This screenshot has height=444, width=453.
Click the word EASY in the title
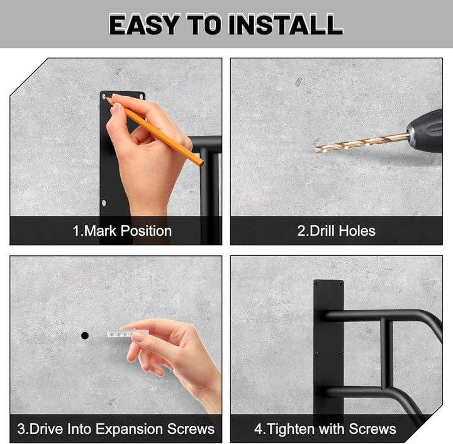coord(145,25)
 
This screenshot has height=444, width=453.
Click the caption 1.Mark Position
coord(122,231)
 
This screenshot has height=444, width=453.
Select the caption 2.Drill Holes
coord(336,231)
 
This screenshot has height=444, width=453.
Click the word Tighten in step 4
coord(288,429)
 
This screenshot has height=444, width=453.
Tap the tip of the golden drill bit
coord(315,150)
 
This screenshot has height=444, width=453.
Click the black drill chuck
coord(425,131)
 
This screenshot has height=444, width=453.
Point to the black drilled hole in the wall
coord(85,335)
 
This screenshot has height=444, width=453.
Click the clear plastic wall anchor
coord(128,333)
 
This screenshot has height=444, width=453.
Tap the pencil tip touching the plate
coord(107,99)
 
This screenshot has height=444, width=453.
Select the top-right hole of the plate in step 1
coord(142,96)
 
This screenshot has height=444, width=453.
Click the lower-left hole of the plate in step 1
coord(104,203)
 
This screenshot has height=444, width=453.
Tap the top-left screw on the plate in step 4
coord(316,283)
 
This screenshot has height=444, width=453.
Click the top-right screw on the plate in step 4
coord(341,283)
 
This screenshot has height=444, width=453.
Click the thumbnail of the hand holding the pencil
coord(117,108)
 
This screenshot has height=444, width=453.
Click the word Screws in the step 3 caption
coord(191,429)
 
